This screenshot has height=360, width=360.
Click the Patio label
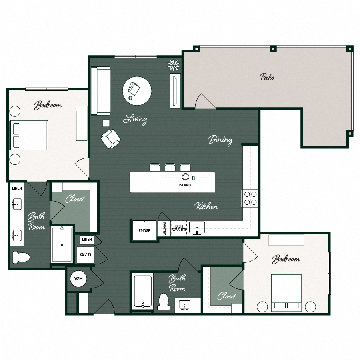click(x=267, y=77)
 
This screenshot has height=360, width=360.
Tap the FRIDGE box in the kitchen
click(x=144, y=230)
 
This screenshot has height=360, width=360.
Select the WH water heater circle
click(x=78, y=279)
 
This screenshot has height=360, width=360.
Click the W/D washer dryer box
click(x=85, y=255)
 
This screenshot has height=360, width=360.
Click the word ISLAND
click(x=185, y=185)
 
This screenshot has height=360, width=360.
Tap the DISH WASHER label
click(x=179, y=228)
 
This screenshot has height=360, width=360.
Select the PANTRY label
click(x=164, y=228)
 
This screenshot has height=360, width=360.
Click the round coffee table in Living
click(x=137, y=91)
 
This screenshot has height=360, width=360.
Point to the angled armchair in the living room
click(x=111, y=139)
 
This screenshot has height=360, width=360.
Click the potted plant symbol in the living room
click(x=174, y=66)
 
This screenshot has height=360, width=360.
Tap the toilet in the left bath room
click(x=21, y=257)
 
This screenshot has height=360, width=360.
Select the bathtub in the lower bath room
click(x=143, y=291)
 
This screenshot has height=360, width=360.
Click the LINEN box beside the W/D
click(x=87, y=240)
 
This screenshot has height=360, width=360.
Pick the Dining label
click(x=220, y=140)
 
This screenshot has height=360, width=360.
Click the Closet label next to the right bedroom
click(x=227, y=296)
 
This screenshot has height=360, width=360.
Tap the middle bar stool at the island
click(x=170, y=167)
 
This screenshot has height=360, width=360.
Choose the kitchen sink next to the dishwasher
click(x=197, y=228)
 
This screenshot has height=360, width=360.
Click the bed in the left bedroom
click(x=29, y=135)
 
